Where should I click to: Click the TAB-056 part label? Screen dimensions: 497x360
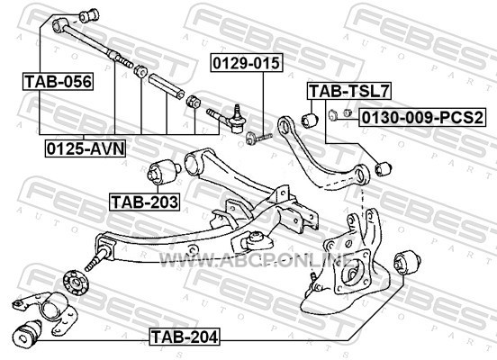(x=58, y=82)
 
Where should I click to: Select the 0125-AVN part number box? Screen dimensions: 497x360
(x=86, y=148)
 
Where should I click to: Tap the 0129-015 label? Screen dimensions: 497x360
(x=247, y=63)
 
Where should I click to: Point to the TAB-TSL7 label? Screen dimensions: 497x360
(x=349, y=91)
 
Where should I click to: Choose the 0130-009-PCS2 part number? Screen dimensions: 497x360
(x=422, y=117)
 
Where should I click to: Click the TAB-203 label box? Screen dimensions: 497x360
(x=145, y=202)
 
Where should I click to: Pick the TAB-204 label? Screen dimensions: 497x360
(x=185, y=337)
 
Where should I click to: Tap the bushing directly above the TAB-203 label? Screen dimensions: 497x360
(x=164, y=172)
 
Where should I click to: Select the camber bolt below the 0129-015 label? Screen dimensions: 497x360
(x=258, y=138)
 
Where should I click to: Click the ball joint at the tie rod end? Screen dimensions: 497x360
(x=237, y=120)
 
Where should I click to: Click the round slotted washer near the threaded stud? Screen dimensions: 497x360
(x=76, y=283)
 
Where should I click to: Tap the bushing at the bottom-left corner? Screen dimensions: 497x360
(x=28, y=332)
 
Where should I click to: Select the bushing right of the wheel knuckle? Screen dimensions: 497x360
(x=407, y=262)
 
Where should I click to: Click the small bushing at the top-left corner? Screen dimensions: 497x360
(x=89, y=15)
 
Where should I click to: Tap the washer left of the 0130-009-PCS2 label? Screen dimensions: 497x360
(x=333, y=115)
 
